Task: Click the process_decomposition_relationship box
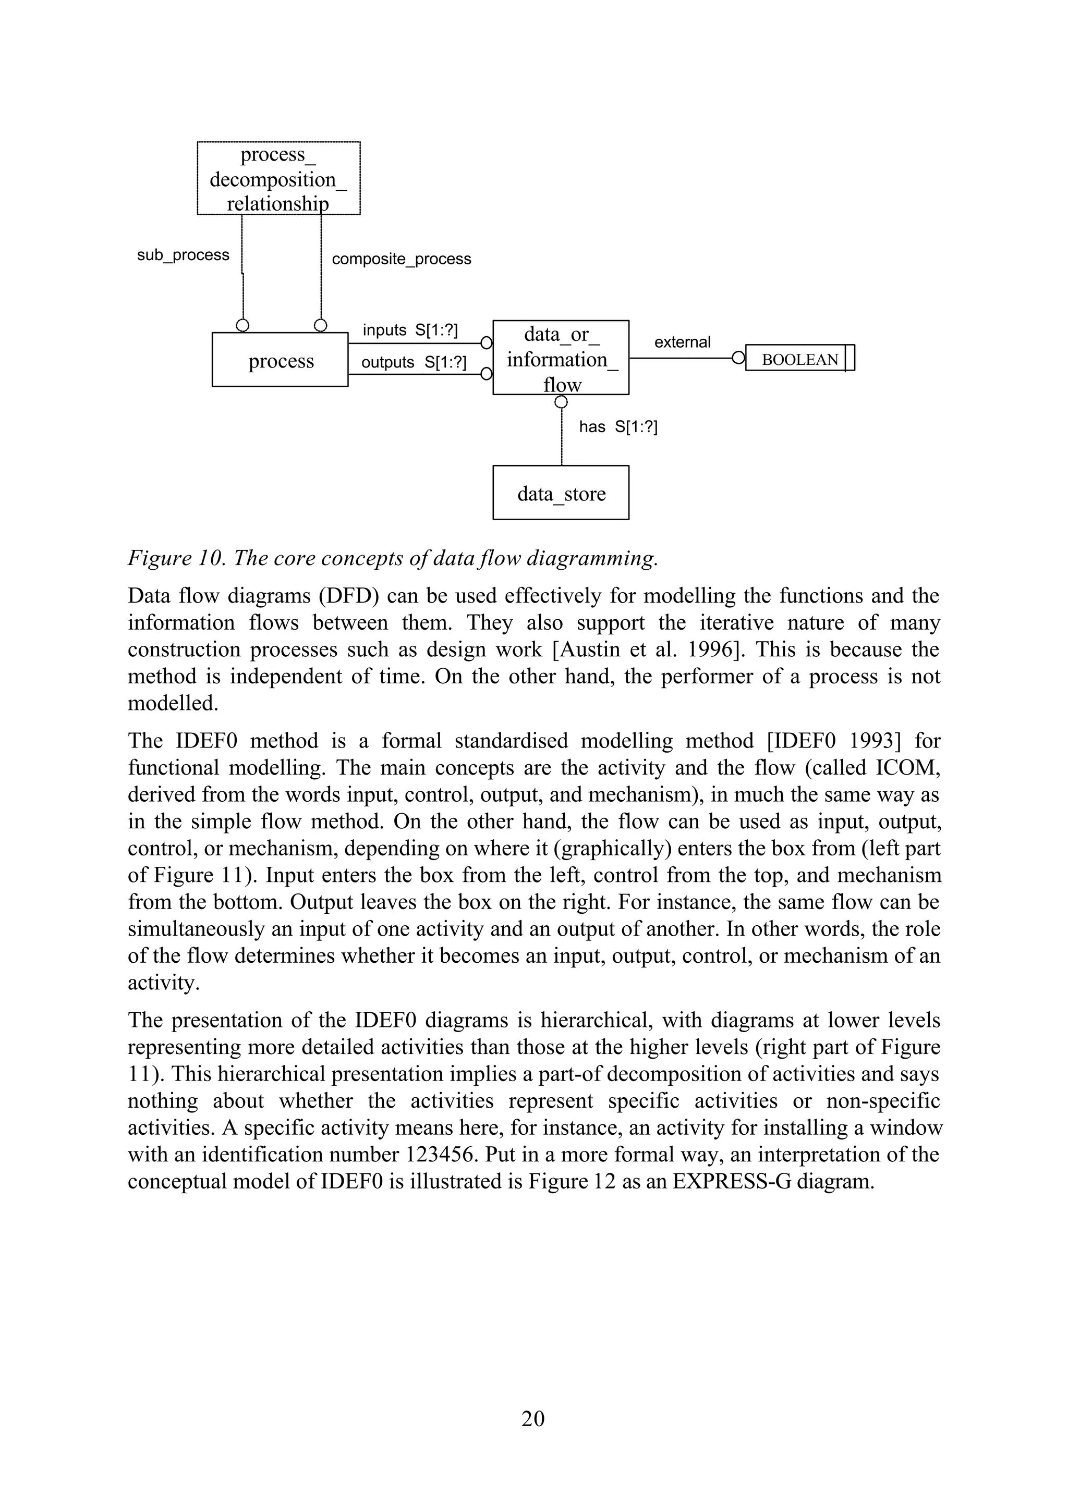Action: tap(279, 178)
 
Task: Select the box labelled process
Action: tap(280, 360)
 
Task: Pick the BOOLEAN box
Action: tap(799, 360)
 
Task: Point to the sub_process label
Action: tap(183, 255)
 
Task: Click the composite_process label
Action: tap(401, 259)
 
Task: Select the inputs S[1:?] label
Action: tap(410, 330)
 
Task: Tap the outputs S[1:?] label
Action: tap(413, 362)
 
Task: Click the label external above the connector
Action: tap(682, 342)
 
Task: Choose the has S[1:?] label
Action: tap(617, 427)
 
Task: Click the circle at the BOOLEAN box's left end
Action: tap(738, 358)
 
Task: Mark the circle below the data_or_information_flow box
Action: tap(561, 402)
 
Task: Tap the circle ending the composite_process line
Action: tap(320, 325)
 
